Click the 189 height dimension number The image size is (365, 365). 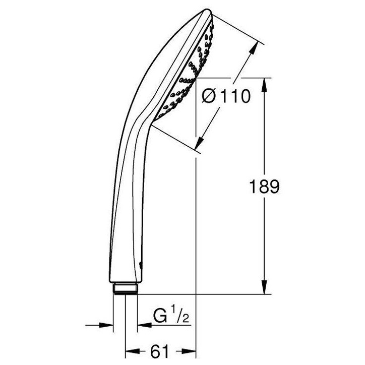coord(264,187)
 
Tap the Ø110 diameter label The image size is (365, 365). coord(226,96)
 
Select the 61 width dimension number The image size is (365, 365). coord(159,351)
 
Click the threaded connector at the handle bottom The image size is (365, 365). coord(126,289)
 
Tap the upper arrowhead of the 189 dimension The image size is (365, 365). coord(264,85)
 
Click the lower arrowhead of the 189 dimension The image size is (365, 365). coord(264,287)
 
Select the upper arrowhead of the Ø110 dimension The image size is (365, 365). coord(253,48)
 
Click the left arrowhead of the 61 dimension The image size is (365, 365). coord(133,351)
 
